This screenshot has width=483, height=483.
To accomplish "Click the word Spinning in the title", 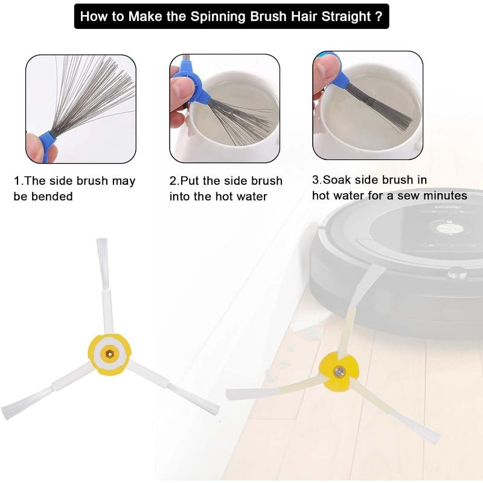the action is (x=217, y=16).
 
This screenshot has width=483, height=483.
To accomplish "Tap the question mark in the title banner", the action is (x=379, y=16).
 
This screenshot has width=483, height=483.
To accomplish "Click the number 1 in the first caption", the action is (x=17, y=181).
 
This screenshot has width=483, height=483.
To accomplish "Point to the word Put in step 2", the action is (x=190, y=181).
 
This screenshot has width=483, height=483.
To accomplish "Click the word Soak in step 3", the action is (x=337, y=179).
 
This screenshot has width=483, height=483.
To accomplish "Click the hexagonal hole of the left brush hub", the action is (x=109, y=354).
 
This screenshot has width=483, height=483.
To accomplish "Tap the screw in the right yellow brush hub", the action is (x=339, y=373).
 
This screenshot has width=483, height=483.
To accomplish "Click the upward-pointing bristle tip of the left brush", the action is (x=101, y=240).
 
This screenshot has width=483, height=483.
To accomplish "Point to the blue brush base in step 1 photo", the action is (x=46, y=145).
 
